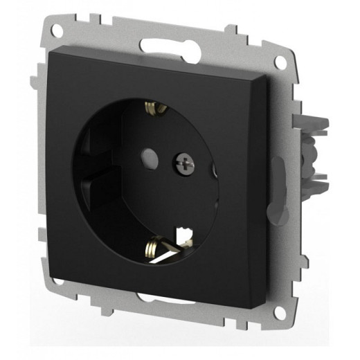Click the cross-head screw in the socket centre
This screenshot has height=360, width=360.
click(x=184, y=163)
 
